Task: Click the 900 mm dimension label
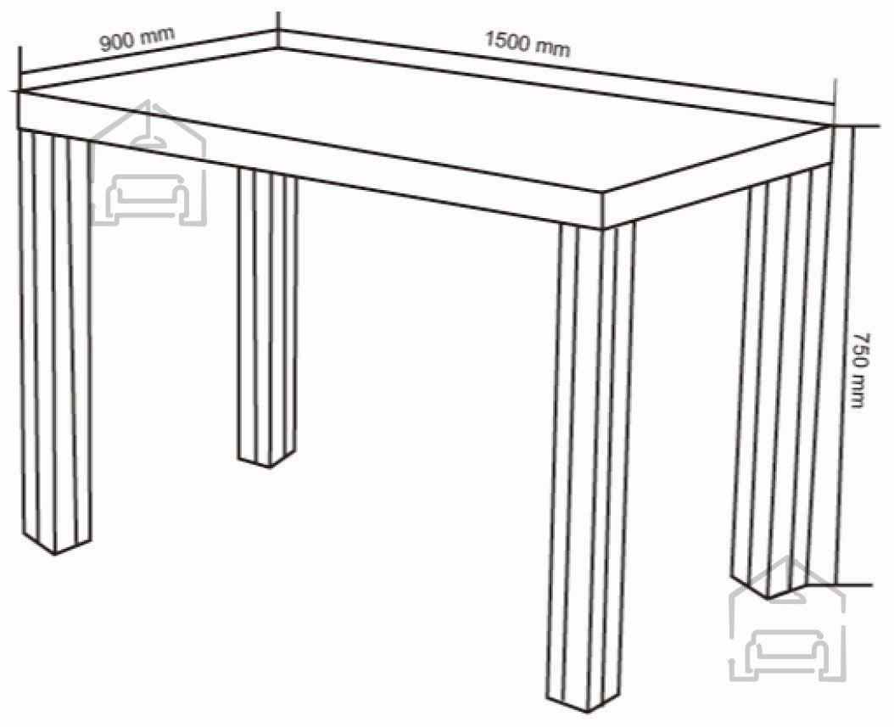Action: (137, 39)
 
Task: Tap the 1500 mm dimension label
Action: (528, 44)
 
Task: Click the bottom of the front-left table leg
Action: (55, 545)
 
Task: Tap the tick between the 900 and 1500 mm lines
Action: (278, 30)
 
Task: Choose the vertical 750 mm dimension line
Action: (853, 355)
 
